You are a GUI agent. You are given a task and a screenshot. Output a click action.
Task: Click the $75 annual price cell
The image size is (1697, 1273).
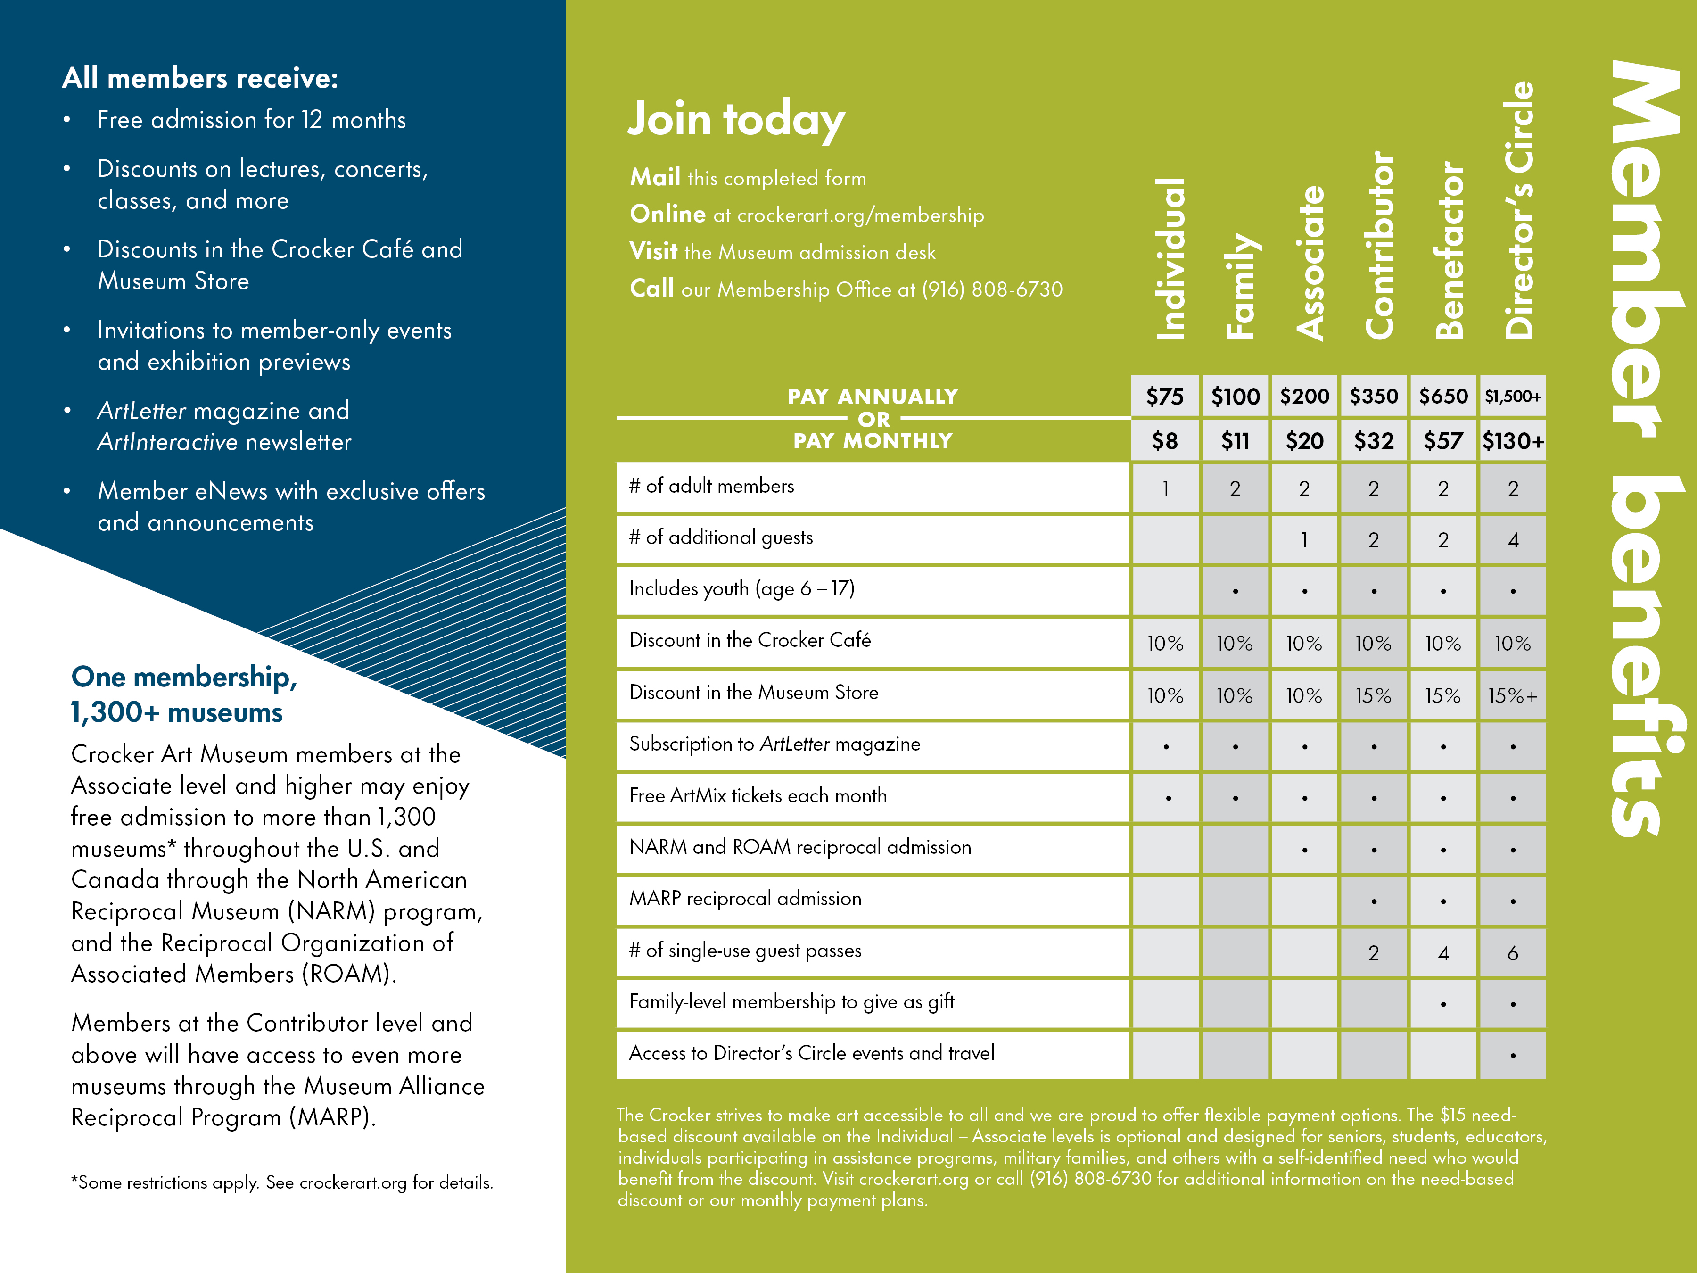1165,396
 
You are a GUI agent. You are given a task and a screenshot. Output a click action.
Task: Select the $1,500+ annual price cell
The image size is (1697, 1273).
1512,396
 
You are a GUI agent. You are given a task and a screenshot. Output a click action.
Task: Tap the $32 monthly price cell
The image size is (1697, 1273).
1373,440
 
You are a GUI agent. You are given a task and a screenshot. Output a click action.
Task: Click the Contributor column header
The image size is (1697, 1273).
1379,246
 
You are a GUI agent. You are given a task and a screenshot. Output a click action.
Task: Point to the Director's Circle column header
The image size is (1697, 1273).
1518,211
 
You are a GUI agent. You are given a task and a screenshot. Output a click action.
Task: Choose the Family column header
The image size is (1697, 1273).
1241,285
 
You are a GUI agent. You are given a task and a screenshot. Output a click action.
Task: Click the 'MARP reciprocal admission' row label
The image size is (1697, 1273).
745,899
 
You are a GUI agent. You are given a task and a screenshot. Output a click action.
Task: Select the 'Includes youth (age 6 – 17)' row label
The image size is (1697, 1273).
741,588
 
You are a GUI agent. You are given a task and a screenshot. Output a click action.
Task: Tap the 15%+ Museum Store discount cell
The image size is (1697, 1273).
1512,695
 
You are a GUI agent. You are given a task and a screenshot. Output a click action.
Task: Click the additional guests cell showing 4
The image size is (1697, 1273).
1513,540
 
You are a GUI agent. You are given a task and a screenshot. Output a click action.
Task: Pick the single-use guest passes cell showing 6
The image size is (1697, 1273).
1512,953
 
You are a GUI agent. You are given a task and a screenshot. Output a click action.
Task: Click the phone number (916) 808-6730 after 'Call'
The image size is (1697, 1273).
992,289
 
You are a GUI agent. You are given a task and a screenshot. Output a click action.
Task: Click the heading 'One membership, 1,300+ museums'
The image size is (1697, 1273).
184,694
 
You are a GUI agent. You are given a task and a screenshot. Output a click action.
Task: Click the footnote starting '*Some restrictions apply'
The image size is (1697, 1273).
281,1182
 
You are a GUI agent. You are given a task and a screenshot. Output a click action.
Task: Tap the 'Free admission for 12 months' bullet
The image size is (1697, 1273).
252,120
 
